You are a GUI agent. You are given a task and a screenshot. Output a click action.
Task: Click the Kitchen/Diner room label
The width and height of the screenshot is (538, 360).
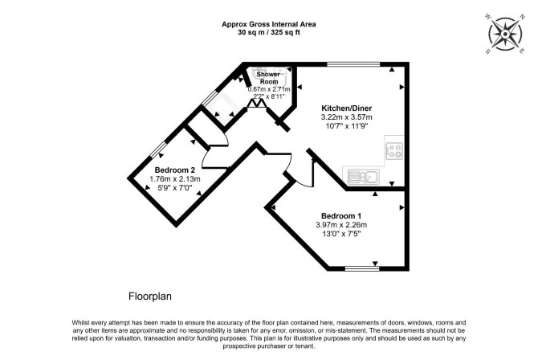click(x=347, y=108)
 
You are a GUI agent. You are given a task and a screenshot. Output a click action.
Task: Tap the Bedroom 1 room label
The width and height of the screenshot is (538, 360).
click(x=341, y=216)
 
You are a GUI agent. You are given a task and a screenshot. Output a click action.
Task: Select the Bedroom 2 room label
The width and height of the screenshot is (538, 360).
click(x=175, y=170)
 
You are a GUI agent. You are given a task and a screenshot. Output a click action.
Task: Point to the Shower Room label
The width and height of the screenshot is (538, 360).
click(x=269, y=78)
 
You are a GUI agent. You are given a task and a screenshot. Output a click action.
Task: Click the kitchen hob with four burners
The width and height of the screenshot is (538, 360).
click(x=394, y=150)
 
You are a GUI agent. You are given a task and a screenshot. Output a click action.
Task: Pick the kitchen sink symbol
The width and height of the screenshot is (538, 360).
click(x=364, y=177)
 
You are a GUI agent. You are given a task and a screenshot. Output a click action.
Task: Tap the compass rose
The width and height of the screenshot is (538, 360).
click(x=506, y=34)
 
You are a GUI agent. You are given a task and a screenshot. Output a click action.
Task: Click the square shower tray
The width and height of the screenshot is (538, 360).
click(x=220, y=107)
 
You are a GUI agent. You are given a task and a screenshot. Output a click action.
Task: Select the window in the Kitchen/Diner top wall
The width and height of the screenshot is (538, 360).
click(x=353, y=64)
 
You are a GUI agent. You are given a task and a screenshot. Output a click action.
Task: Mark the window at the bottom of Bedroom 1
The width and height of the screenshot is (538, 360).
click(x=362, y=268)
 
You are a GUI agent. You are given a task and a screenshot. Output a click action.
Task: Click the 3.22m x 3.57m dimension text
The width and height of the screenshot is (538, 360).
click(x=347, y=117)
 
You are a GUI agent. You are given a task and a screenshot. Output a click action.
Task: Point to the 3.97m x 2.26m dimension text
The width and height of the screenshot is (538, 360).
click(x=341, y=225)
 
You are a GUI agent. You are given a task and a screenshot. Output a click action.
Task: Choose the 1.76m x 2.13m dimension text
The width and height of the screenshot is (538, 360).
click(x=175, y=179)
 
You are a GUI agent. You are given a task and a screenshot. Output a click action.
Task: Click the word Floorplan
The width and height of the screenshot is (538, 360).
click(x=150, y=296)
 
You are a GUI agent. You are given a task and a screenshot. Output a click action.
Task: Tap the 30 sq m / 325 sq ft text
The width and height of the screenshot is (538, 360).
click(x=269, y=33)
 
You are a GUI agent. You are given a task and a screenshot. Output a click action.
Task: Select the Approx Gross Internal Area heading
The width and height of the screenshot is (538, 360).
click(x=269, y=24)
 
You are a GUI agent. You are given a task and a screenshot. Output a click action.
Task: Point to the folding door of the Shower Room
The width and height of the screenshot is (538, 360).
click(x=257, y=104)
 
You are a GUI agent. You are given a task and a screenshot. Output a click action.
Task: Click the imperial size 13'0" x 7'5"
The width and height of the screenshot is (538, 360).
click(x=341, y=234)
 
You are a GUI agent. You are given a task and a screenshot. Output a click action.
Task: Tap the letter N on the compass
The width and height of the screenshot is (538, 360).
click(x=523, y=17)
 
